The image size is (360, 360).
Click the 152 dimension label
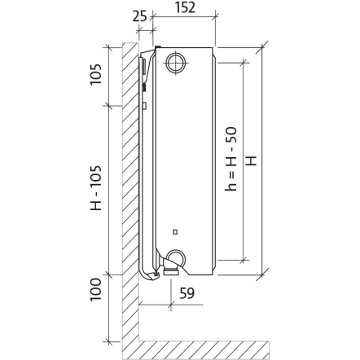185,7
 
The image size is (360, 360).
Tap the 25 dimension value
139,16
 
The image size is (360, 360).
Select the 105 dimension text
96,74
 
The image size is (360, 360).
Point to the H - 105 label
96,188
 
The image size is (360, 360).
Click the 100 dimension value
96,290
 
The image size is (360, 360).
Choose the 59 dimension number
187,293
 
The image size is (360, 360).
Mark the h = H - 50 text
231,159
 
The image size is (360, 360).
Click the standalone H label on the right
252,160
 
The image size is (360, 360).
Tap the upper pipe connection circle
177,63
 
